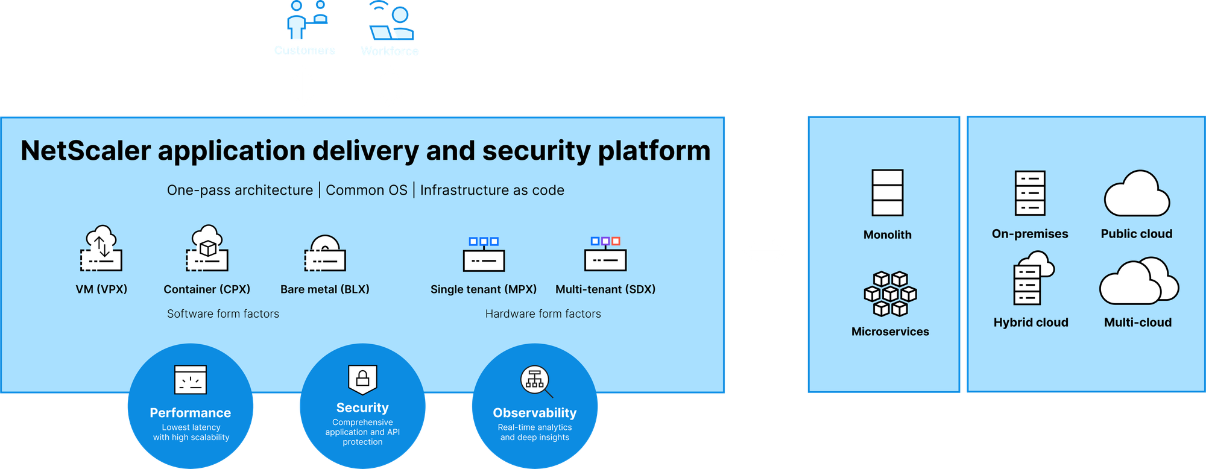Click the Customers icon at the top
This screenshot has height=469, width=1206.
tap(305, 20)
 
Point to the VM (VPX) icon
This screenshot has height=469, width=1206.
tap(101, 248)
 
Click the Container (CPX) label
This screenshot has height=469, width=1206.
tap(207, 289)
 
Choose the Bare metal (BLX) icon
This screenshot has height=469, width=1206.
tap(325, 254)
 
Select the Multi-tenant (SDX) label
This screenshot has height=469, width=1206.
tap(605, 289)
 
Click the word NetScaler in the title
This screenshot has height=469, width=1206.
tap(85, 151)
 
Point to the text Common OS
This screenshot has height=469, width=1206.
tap(367, 190)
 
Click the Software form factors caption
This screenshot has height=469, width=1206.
tap(223, 313)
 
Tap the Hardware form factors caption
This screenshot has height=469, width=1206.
tap(543, 313)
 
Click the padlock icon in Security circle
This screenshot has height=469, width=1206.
tap(362, 379)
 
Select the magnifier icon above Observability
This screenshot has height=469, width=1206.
tap(536, 381)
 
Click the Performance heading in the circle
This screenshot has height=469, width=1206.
tap(190, 413)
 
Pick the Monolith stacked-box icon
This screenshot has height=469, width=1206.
tap(887, 193)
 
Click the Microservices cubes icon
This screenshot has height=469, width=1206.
tap(890, 294)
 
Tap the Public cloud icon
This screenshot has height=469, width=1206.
tap(1137, 194)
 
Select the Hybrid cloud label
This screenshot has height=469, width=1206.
tap(1031, 323)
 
